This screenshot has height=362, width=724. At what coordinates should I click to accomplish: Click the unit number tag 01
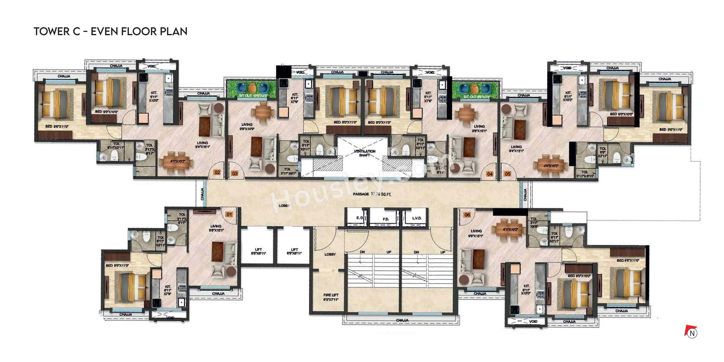coord(229,214)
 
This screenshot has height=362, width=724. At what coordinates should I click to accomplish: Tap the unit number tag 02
coord(217,172)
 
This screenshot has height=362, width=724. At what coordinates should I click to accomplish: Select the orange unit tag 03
coord(235,173)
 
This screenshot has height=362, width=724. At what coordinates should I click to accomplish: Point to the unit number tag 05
coord(507,174)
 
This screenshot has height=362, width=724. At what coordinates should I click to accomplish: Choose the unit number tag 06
coord(467,215)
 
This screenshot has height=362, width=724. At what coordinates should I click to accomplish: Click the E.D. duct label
coord(359,218)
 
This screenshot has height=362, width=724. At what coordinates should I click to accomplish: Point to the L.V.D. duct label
coord(417,218)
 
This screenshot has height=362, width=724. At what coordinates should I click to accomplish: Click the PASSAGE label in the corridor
coord(361,194)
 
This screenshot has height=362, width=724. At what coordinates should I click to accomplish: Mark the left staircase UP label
coord(389,252)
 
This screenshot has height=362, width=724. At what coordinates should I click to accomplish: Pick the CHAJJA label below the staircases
coord(402,320)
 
